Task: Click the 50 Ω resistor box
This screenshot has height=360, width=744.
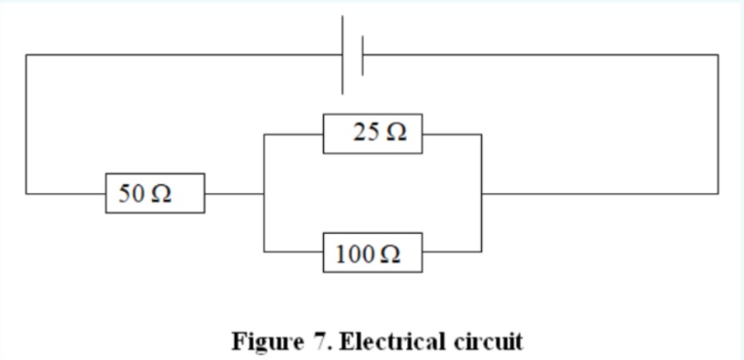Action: tap(155, 193)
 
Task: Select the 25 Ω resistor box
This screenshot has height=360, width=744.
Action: tap(373, 134)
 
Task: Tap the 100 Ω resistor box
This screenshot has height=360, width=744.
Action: tap(373, 254)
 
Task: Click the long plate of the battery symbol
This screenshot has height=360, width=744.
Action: tap(342, 55)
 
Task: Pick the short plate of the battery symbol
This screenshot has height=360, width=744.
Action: tap(362, 55)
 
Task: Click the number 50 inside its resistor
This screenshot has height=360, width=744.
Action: tap(131, 193)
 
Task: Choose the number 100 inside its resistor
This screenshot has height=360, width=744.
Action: tap(353, 254)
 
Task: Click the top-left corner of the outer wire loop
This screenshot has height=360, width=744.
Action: tap(26, 55)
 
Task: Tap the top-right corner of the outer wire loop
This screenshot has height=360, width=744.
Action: tap(718, 55)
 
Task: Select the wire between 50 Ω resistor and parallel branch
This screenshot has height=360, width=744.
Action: tap(233, 193)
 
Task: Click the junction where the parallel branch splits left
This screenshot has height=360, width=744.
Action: tap(263, 193)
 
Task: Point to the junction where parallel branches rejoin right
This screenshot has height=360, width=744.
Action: tap(481, 193)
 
